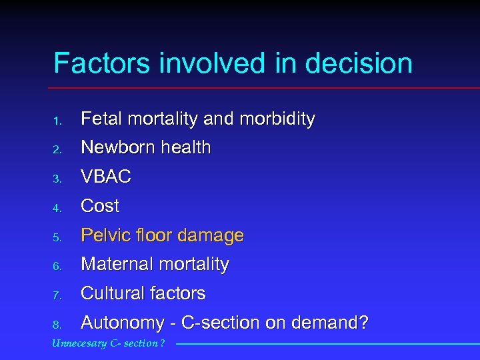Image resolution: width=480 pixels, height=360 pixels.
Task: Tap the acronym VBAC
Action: (x=105, y=177)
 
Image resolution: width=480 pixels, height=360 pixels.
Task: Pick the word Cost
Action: (x=100, y=206)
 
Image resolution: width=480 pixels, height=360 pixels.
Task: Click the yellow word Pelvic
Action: (x=101, y=235)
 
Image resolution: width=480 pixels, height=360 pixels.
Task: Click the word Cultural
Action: (x=109, y=293)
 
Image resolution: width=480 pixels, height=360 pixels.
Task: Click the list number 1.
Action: (x=58, y=121)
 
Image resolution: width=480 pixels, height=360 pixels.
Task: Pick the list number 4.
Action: (x=58, y=207)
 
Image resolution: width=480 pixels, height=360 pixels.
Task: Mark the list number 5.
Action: (x=58, y=237)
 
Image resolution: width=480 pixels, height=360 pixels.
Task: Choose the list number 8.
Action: (x=58, y=325)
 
